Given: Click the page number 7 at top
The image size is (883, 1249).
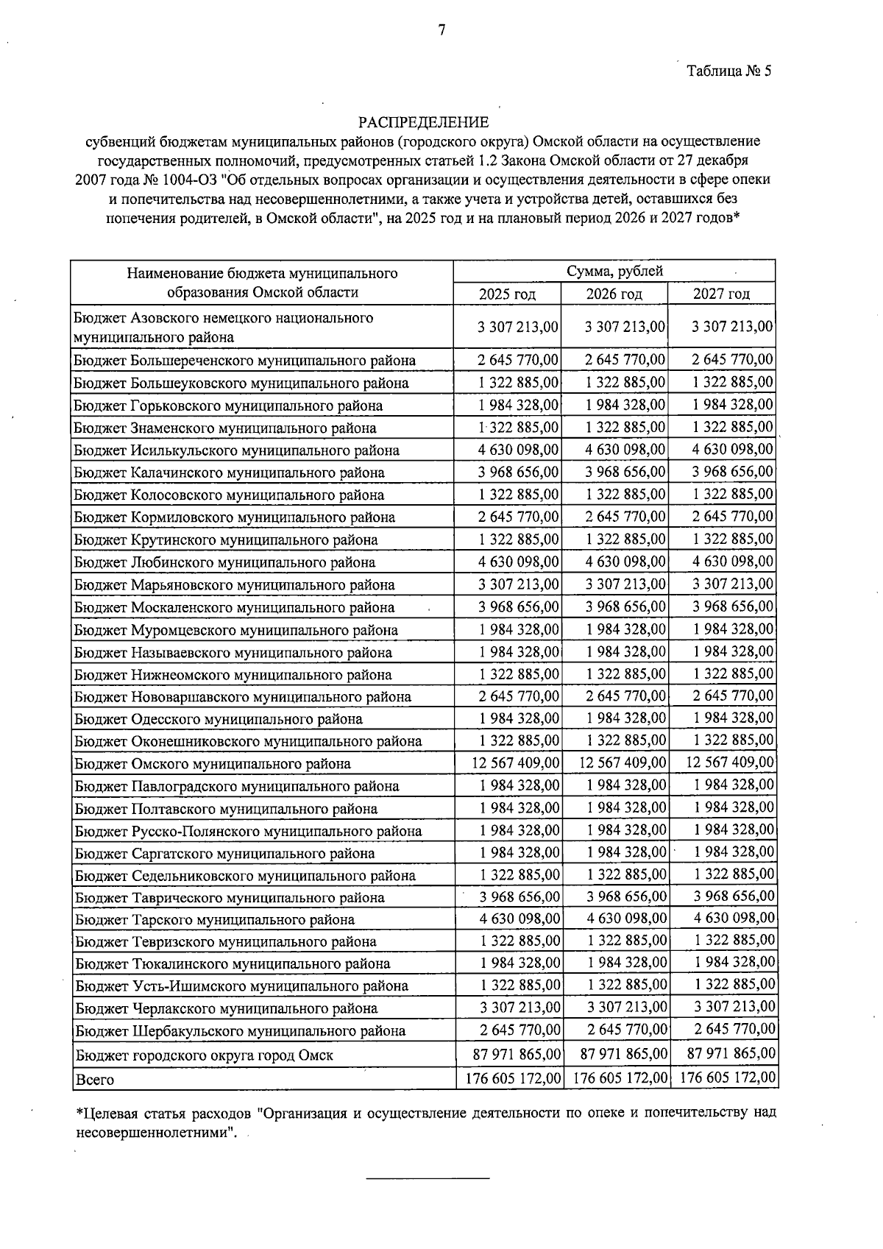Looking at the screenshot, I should [441, 30].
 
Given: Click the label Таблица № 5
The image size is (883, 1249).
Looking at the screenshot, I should [728, 71].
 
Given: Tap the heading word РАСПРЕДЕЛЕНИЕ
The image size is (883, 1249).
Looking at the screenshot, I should [423, 121].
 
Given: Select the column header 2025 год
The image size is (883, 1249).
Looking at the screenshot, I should [507, 294].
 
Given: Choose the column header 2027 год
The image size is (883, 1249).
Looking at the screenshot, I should [721, 294].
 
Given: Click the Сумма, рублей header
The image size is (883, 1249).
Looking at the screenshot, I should [614, 271].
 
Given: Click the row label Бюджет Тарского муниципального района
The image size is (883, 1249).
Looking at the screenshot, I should [214, 919].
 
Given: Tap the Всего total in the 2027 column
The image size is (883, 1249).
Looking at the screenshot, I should [728, 1078].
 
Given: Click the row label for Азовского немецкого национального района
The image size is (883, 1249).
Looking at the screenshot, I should [222, 328].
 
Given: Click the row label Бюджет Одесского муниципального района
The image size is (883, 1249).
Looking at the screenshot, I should [219, 719].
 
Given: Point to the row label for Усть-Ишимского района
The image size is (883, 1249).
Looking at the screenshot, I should [241, 986].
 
